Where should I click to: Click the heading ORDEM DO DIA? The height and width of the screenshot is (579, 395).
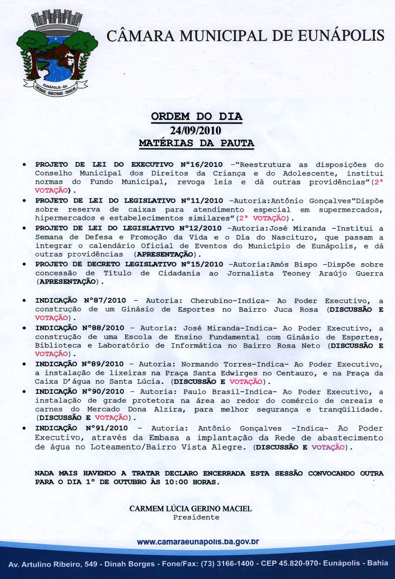pos(196,117)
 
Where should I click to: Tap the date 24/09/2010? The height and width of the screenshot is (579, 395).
pos(196,130)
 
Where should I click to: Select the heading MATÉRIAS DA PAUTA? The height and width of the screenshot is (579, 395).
pos(196,143)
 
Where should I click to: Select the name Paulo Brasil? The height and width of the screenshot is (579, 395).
pos(210,392)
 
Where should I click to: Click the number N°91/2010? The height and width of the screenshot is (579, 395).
pos(107,428)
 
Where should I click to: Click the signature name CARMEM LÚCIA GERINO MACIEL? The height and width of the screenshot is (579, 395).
pos(190,509)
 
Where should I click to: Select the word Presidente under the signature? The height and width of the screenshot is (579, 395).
pos(196,518)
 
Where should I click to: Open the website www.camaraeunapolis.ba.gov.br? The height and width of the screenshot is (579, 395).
pos(197,542)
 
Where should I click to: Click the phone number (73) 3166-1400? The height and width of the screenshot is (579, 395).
pos(227,564)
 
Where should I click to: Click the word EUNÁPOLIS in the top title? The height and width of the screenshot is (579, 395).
pos(341,36)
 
